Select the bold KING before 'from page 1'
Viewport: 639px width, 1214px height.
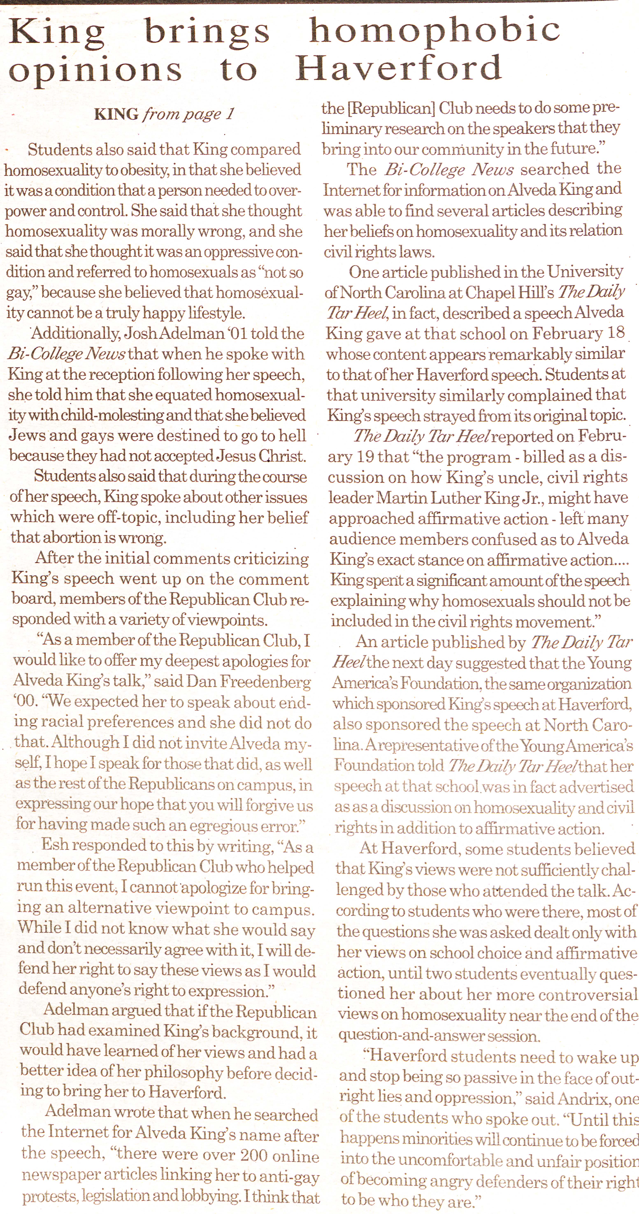(x=116, y=114)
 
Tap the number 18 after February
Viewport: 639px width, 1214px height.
(x=616, y=333)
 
